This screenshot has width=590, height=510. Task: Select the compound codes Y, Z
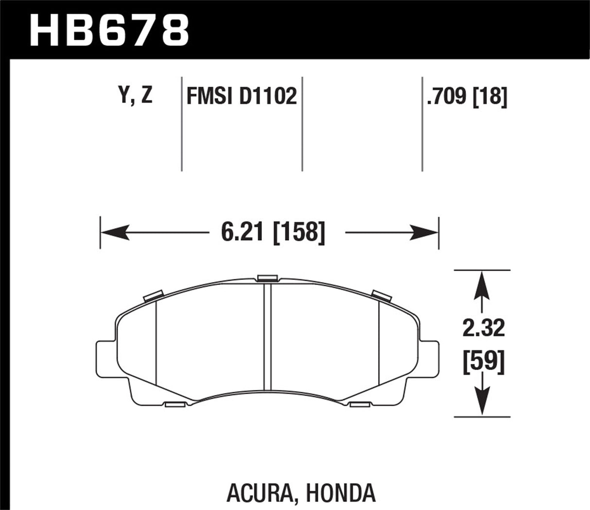coord(135,96)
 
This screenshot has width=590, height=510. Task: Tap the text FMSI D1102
coord(242,96)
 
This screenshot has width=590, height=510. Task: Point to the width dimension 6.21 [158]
coord(272,233)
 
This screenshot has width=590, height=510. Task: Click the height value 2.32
coord(484,329)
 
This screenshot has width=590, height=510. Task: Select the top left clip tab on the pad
coord(153,295)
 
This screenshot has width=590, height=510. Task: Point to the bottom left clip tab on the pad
coord(174,404)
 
